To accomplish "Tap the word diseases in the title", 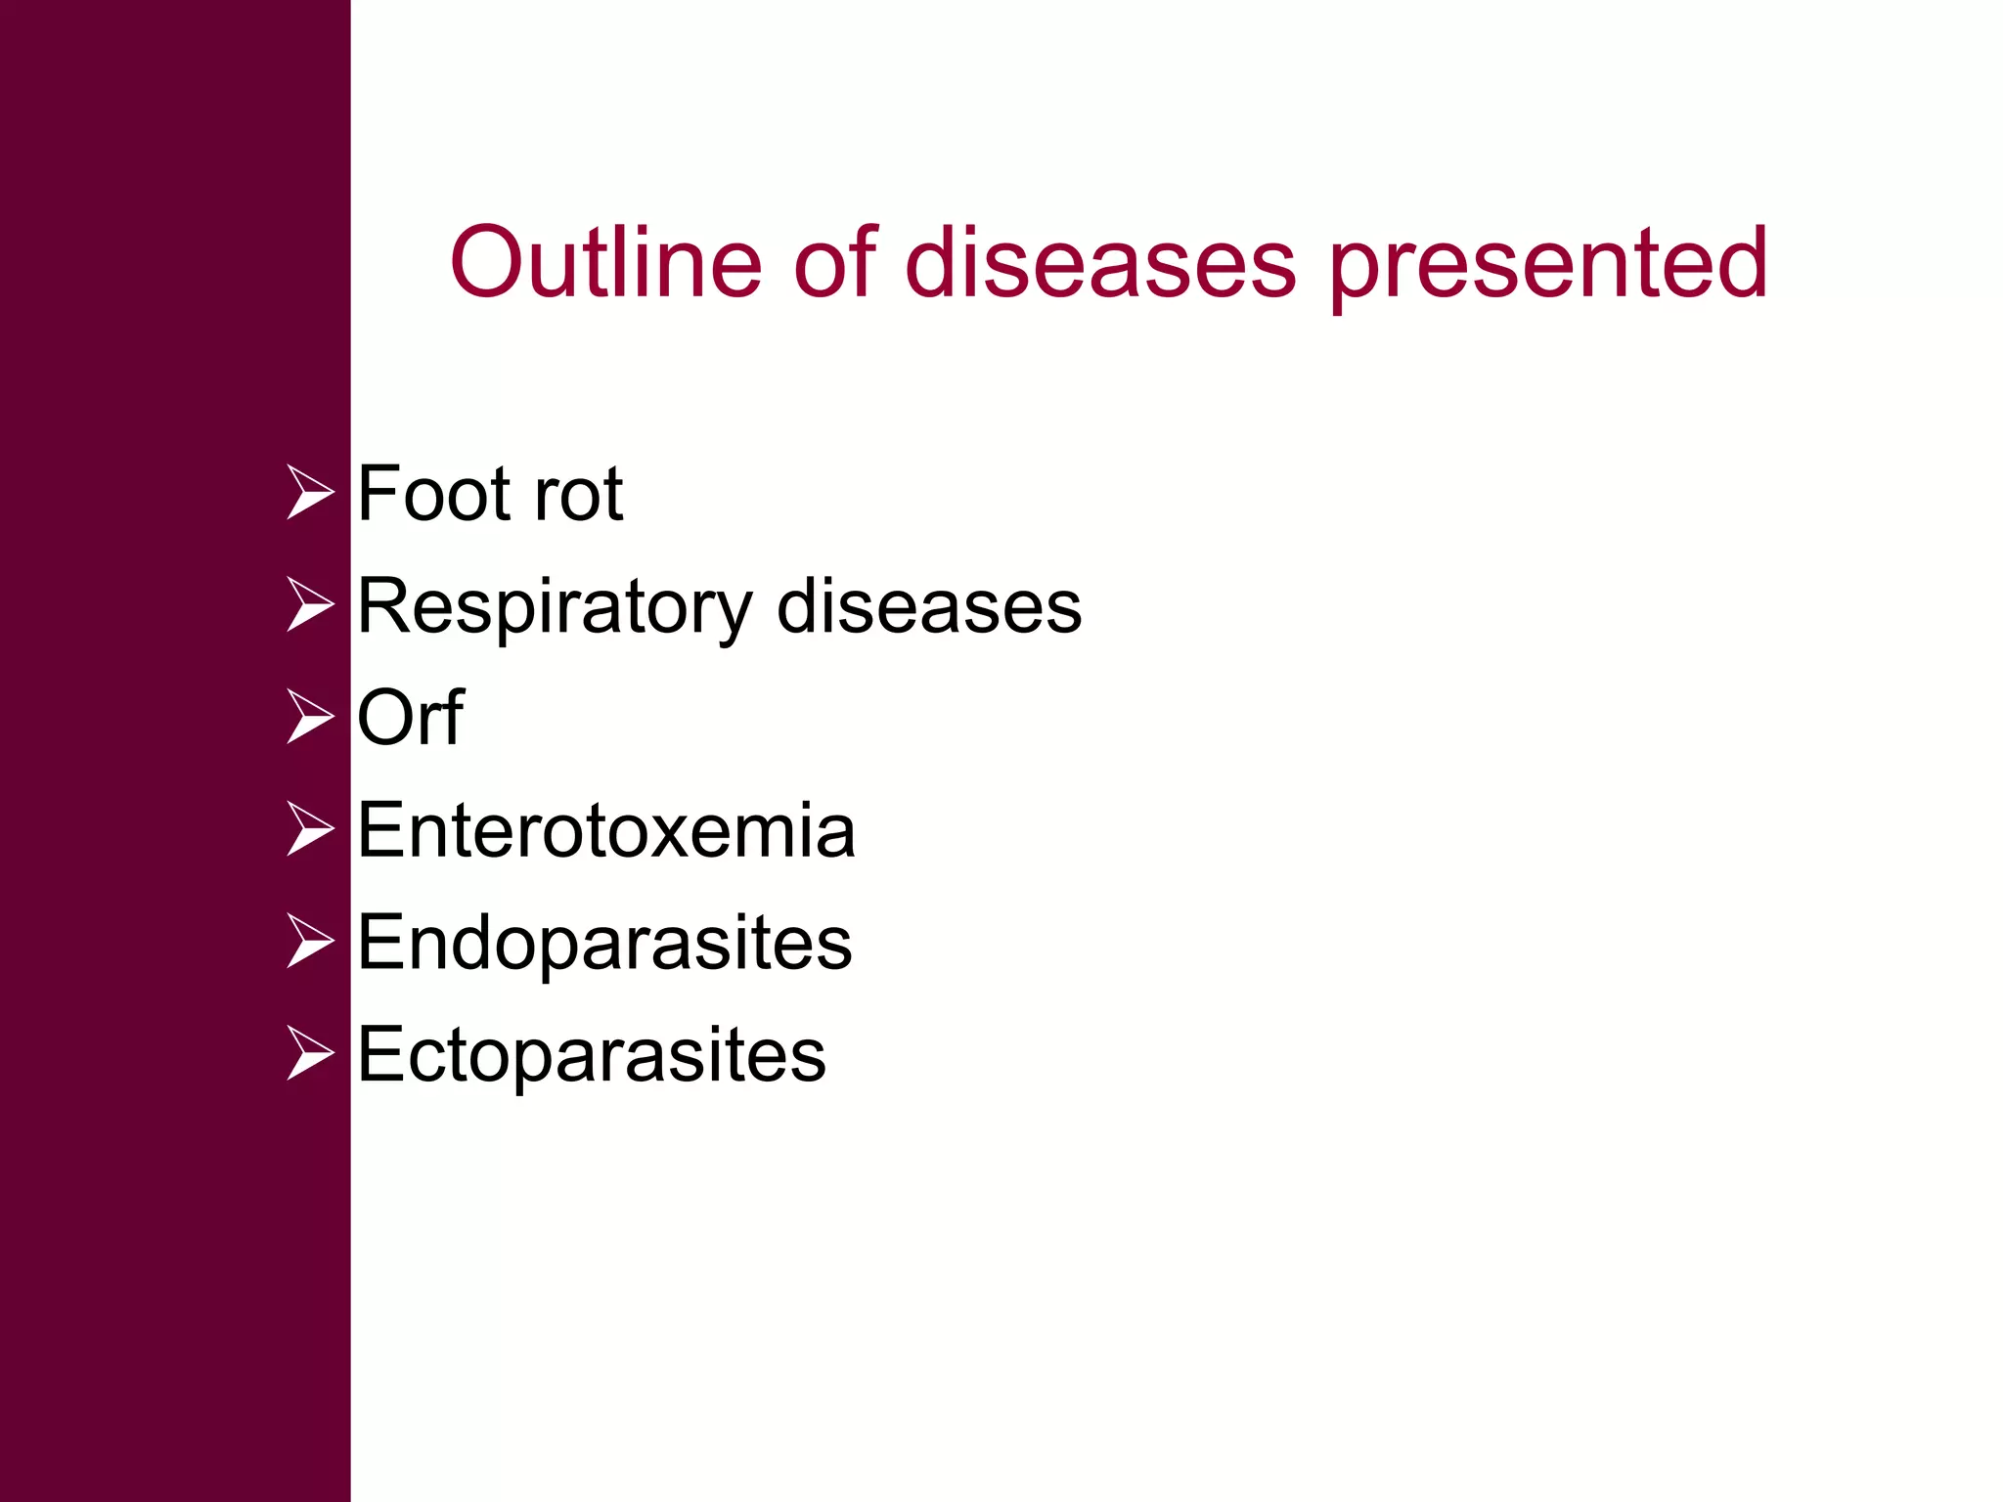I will pyautogui.click(x=1100, y=262).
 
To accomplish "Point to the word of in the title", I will pyautogui.click(x=834, y=262).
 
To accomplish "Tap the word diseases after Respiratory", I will pyautogui.click(x=929, y=606).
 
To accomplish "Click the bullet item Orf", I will pyautogui.click(x=410, y=718).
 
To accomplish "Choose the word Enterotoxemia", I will pyautogui.click(x=606, y=831).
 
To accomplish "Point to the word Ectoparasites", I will pyautogui.click(x=592, y=1055).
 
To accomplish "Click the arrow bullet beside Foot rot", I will pyautogui.click(x=311, y=493).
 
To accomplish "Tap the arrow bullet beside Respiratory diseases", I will pyautogui.click(x=311, y=605).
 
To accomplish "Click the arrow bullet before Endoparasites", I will pyautogui.click(x=311, y=942).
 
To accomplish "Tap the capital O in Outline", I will pyautogui.click(x=486, y=262).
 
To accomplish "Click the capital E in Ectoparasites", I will pyautogui.click(x=380, y=1054).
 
